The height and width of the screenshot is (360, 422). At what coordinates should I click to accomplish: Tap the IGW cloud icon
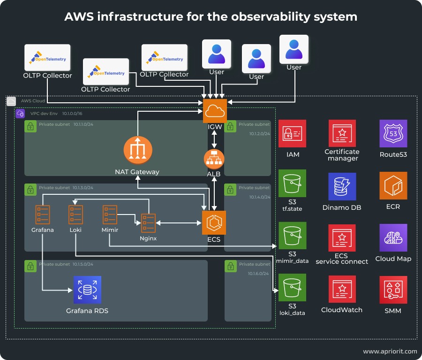pyautogui.click(x=215, y=111)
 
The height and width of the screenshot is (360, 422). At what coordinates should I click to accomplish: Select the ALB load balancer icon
pyautogui.click(x=214, y=159)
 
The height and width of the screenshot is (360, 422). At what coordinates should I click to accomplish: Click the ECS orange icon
pyautogui.click(x=214, y=222)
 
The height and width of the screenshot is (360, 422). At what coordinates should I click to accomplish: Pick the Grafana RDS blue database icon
pyautogui.click(x=87, y=290)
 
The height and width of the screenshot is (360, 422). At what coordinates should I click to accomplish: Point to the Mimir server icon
pyautogui.click(x=110, y=214)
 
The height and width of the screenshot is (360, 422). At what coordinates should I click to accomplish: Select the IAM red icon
pyautogui.click(x=292, y=134)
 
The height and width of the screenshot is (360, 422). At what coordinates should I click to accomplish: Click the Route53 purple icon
pyautogui.click(x=393, y=134)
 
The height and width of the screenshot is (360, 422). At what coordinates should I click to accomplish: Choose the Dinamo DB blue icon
pyautogui.click(x=342, y=187)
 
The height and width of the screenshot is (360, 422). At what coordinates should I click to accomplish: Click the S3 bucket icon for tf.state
pyautogui.click(x=292, y=184)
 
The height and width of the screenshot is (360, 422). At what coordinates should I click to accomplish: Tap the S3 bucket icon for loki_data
pyautogui.click(x=292, y=288)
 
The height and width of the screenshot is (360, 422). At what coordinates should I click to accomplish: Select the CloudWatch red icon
pyautogui.click(x=342, y=290)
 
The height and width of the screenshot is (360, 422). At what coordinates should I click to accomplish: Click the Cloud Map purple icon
pyautogui.click(x=393, y=238)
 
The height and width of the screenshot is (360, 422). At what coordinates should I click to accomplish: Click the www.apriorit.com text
pyautogui.click(x=390, y=351)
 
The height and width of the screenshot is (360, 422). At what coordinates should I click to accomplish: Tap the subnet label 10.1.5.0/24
pyautogui.click(x=83, y=264)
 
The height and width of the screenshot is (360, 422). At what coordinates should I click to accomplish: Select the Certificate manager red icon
pyautogui.click(x=342, y=134)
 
